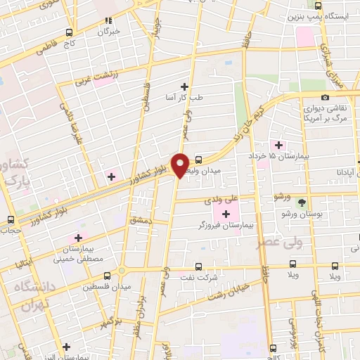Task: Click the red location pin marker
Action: coord(181,165)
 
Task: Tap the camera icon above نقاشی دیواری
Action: coord(324,97)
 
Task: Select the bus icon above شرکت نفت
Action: coord(198,266)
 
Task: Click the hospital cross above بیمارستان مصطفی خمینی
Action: coord(77,238)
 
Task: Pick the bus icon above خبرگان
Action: coord(108,21)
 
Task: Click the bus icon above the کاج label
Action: coord(69,32)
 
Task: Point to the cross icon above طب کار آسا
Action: coord(184,86)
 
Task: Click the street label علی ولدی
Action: coord(222,200)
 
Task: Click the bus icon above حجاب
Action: coord(10,219)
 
